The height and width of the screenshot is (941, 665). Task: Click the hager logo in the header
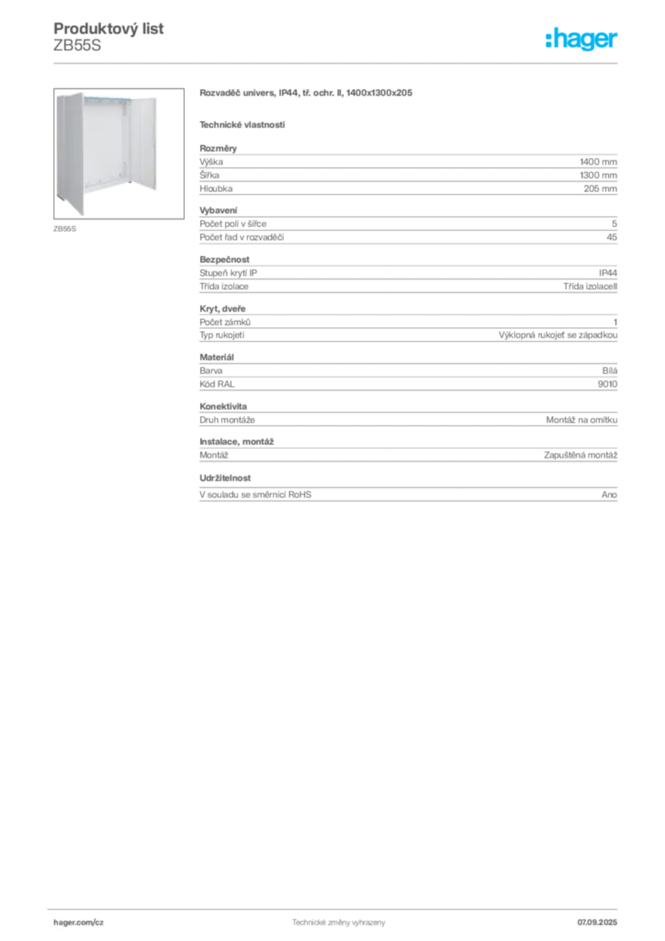(581, 39)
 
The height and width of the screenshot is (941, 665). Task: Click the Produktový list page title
(108, 28)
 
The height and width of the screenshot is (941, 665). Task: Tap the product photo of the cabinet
(118, 153)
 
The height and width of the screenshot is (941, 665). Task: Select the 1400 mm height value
(598, 162)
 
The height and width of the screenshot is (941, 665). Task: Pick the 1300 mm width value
(598, 176)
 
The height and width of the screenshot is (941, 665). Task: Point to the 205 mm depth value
(600, 188)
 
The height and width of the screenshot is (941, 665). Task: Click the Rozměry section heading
(219, 148)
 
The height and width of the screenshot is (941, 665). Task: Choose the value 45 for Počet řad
(612, 237)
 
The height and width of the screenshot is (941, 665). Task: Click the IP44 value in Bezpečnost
(608, 273)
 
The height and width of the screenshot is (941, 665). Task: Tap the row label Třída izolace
(224, 287)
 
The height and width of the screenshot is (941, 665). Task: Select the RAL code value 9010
(607, 384)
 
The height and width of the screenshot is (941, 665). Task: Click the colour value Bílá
(610, 371)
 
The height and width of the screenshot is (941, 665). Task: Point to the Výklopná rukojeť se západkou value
(558, 335)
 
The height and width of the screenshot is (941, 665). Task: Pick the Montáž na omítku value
(581, 420)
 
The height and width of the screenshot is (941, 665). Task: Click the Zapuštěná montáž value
(580, 456)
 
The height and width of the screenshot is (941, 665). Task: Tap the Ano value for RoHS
(609, 494)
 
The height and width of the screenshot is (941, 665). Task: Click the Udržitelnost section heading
(225, 478)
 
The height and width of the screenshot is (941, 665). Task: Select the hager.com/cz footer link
(79, 923)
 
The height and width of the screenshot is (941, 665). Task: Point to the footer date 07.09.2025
(597, 923)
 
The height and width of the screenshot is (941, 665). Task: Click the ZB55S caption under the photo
(65, 229)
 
